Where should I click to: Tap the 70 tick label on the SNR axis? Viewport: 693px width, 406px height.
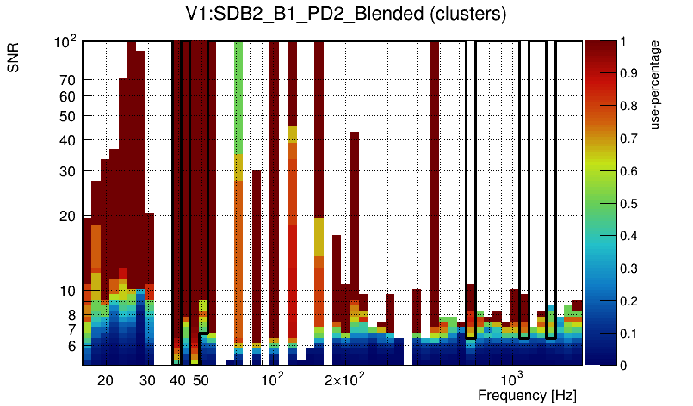pos(68,80)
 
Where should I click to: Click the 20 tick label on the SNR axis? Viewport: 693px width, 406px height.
pos(68,216)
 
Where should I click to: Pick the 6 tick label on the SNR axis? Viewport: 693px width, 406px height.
pos(72,347)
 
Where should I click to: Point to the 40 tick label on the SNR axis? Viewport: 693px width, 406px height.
pos(68,140)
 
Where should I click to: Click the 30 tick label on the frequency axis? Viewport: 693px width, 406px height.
pos(147,380)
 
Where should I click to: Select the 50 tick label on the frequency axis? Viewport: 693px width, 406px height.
pos(200,380)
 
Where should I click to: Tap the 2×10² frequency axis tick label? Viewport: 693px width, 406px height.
pos(343,379)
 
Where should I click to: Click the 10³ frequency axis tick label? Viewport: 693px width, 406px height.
pos(512,379)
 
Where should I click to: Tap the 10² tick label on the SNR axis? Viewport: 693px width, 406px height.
pos(65,41)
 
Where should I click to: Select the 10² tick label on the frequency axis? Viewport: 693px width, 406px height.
pos(272,379)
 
